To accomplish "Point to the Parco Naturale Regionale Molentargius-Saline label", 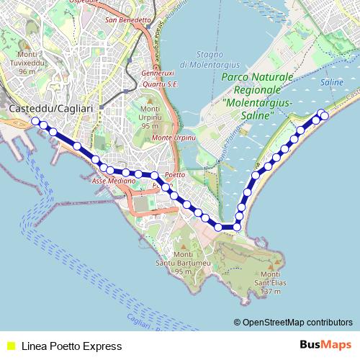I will [257, 90].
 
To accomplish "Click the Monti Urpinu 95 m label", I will [150, 117].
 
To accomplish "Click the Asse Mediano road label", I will [109, 181].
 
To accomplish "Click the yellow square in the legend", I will [10, 346].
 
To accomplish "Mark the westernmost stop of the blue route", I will [35, 122].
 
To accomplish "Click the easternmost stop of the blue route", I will [325, 115].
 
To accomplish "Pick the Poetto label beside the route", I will [175, 175].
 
